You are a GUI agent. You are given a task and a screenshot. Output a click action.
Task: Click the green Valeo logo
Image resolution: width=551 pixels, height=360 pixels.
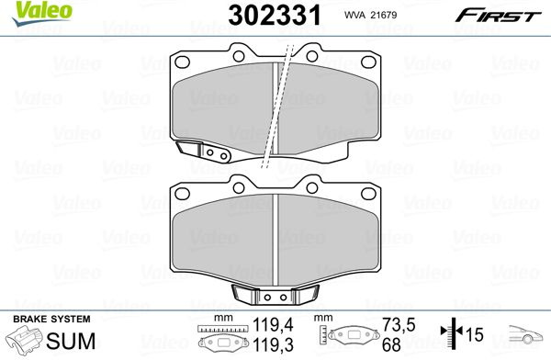tap(42, 13)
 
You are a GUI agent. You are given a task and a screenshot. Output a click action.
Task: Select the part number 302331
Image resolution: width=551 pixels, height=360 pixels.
tap(275, 15)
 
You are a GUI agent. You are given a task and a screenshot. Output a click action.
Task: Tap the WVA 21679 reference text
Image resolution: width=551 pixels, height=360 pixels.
tap(370, 15)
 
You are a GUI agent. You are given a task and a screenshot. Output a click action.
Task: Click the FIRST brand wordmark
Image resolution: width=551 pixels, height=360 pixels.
tap(499, 16)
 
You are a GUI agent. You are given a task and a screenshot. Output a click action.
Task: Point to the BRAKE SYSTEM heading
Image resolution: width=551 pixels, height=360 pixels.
tap(51, 319)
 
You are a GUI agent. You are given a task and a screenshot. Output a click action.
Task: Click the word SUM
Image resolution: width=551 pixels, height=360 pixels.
tap(71, 341)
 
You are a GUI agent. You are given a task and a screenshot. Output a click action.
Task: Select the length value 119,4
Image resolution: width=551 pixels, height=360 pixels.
tap(273, 325)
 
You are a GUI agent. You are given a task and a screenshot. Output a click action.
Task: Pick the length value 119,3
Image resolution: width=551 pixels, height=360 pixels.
tap(273, 345)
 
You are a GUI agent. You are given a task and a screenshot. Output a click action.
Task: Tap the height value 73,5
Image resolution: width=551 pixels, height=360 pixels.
tap(399, 325)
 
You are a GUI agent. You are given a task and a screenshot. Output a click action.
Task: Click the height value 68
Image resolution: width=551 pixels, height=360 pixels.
tap(391, 345)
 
